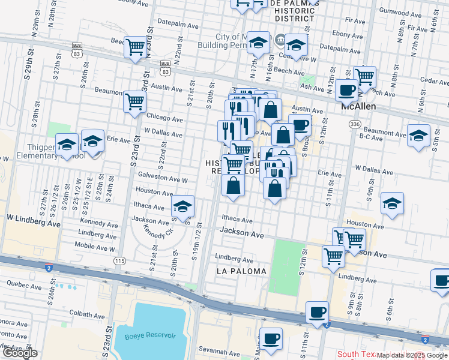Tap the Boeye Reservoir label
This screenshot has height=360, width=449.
(149, 335)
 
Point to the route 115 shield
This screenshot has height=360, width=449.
(120, 261)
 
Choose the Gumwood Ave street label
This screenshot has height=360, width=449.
(399, 10)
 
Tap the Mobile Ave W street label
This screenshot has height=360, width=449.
(94, 247)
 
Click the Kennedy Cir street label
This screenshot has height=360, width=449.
(155, 231)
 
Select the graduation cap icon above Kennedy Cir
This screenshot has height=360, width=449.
(182, 207)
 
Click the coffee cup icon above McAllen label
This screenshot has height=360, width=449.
(346, 90)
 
